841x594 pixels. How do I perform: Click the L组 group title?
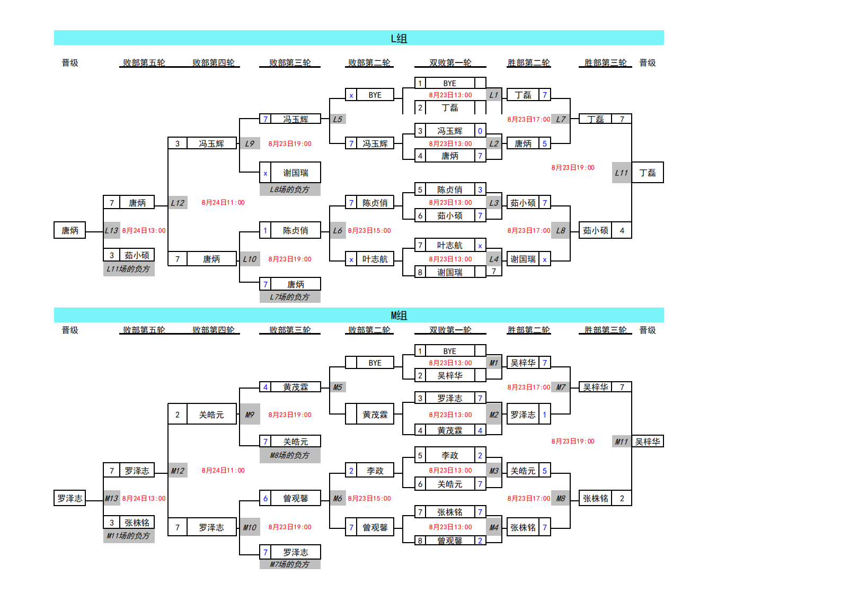pyautogui.click(x=399, y=38)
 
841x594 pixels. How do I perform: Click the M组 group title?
pyautogui.click(x=399, y=316)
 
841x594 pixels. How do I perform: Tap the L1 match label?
pyautogui.click(x=493, y=95)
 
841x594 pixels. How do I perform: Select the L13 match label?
pyautogui.click(x=111, y=230)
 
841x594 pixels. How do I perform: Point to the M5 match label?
pyautogui.click(x=338, y=387)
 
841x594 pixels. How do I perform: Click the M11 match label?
pyautogui.click(x=621, y=442)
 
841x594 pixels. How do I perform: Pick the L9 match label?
pyautogui.click(x=250, y=143)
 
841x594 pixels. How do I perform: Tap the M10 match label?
pyautogui.click(x=250, y=527)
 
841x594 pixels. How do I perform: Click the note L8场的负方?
pyautogui.click(x=289, y=190)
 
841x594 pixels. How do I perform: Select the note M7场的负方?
pyautogui.click(x=289, y=564)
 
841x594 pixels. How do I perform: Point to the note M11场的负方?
pyautogui.click(x=128, y=536)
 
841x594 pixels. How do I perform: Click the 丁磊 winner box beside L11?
pyautogui.click(x=647, y=173)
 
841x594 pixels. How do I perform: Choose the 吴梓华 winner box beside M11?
pyautogui.click(x=647, y=442)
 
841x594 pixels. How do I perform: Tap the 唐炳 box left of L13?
pyautogui.click(x=69, y=230)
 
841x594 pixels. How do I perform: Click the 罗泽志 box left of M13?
pyautogui.click(x=69, y=498)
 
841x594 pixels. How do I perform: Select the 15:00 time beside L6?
pyautogui.click(x=369, y=230)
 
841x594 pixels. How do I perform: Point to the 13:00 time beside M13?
pyautogui.click(x=144, y=498)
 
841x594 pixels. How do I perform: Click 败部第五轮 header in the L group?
pyautogui.click(x=144, y=62)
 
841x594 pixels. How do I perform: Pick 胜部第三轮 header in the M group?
pyautogui.click(x=605, y=330)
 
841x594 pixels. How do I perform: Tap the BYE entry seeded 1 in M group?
pyautogui.click(x=449, y=351)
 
